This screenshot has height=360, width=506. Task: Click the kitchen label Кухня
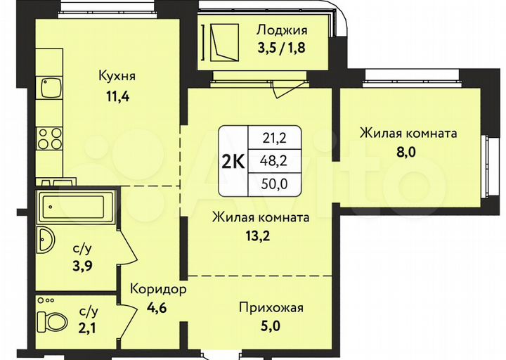[116, 75]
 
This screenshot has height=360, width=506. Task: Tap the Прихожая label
[271, 307]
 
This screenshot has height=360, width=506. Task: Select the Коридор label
[158, 289]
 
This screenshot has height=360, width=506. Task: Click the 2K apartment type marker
[233, 161]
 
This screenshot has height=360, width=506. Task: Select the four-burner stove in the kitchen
[50, 138]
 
